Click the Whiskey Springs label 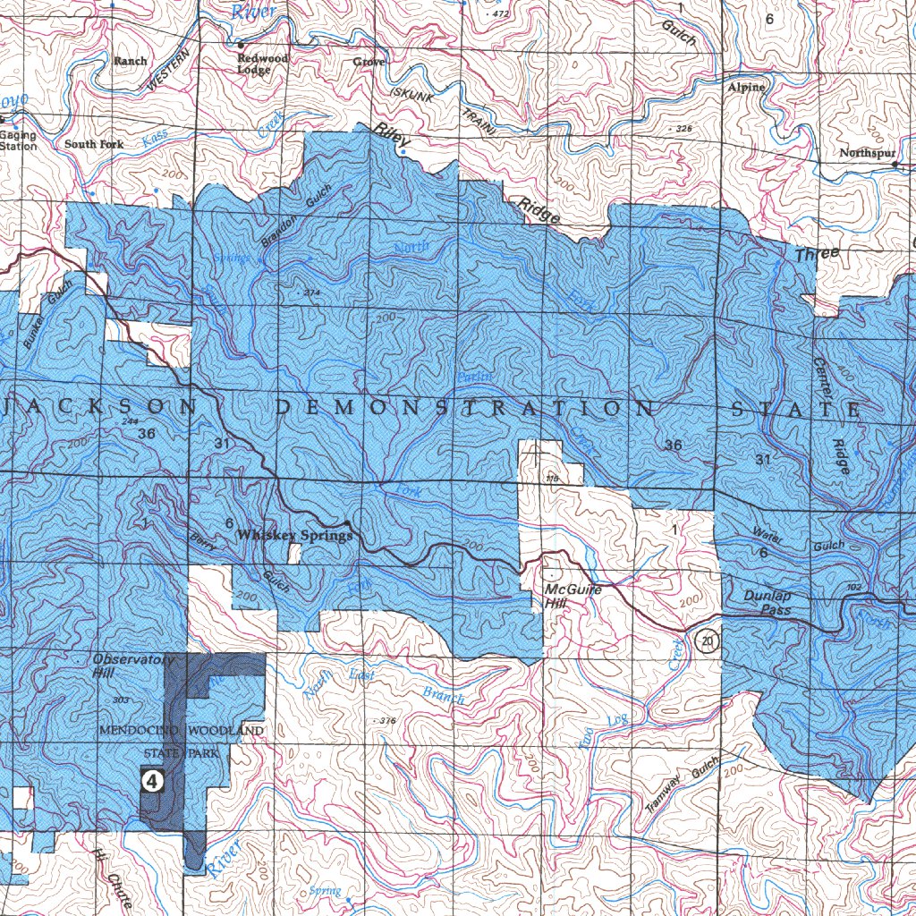(x=294, y=535)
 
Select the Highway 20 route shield (x=708, y=641)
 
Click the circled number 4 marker (x=153, y=782)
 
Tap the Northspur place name (x=867, y=154)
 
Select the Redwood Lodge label (x=262, y=64)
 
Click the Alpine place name (x=746, y=88)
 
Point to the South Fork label (x=94, y=144)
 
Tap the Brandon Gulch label (x=296, y=215)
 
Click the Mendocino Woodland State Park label (x=181, y=742)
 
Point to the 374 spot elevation (x=311, y=293)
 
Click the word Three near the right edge (x=818, y=254)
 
